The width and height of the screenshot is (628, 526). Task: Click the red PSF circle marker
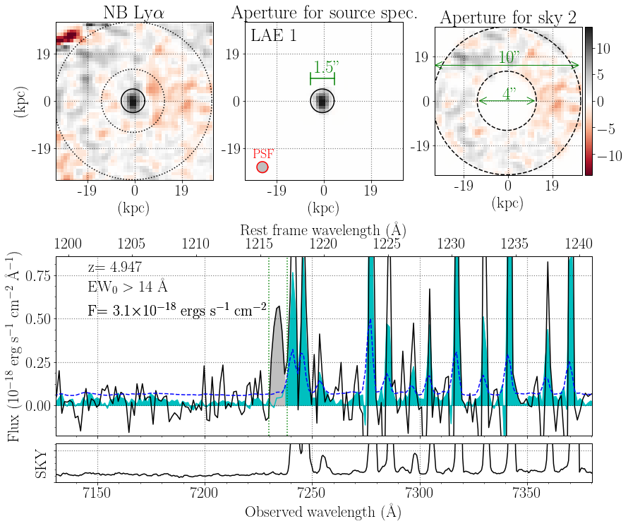(x=262, y=167)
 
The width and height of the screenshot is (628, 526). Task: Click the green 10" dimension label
(x=507, y=57)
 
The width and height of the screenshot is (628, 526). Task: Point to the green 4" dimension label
(x=507, y=92)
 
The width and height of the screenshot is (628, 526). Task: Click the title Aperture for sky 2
(x=507, y=18)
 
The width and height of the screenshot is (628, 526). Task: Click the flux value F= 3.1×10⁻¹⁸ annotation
(x=176, y=309)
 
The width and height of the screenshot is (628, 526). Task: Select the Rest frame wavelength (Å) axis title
(x=323, y=230)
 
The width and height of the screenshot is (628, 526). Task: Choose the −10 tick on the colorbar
(x=608, y=154)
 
